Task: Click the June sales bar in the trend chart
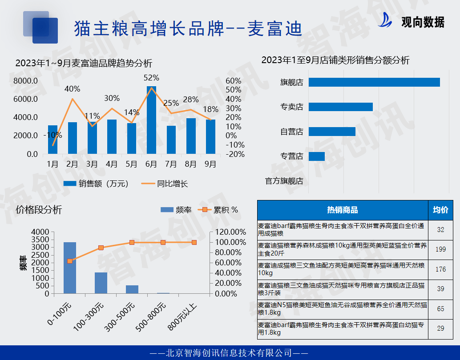point(151,120)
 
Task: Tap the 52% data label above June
point(151,78)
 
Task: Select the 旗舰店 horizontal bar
point(374,82)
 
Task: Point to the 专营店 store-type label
point(292,156)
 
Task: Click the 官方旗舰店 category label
point(284,181)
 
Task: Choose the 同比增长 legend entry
point(165,184)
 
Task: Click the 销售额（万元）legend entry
point(96,184)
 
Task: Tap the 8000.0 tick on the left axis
point(26,81)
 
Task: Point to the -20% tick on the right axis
point(235,154)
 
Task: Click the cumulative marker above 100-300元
point(101,248)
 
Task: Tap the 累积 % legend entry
point(220,210)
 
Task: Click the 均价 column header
point(440,210)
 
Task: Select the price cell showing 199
point(440,249)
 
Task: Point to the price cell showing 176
point(440,269)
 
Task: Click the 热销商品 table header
point(343,210)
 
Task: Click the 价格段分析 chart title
point(39,210)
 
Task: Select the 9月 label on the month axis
point(210,164)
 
